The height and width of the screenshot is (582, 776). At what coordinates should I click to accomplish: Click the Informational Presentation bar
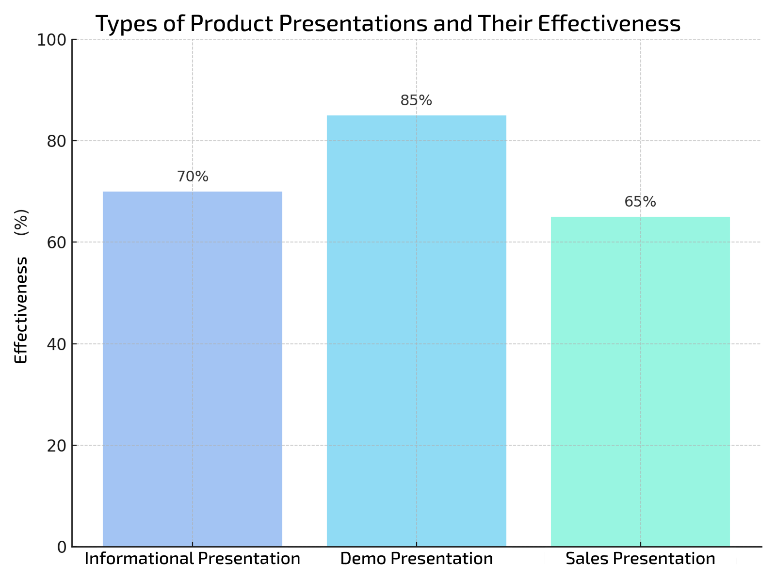[x=193, y=369]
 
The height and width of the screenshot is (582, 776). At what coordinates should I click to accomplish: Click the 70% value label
[x=193, y=177]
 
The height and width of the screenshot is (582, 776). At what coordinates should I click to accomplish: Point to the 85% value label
[x=416, y=100]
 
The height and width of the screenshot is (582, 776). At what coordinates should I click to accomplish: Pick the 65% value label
[x=640, y=202]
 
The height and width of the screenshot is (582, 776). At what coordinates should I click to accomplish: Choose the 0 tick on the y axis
[x=62, y=547]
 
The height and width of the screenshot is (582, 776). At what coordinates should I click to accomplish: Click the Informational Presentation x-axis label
[x=193, y=559]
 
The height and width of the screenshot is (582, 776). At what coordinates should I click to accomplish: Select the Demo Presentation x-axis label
[x=416, y=559]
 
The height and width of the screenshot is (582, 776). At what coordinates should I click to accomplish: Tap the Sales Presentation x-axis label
[x=640, y=559]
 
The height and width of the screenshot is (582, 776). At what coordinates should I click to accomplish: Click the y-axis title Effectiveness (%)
[x=21, y=286]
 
